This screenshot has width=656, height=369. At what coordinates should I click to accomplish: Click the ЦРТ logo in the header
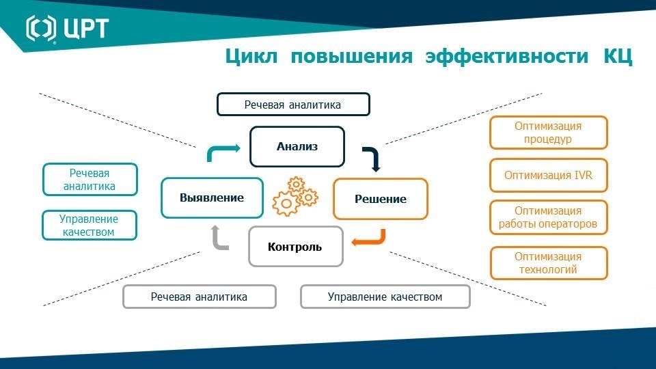pyautogui.click(x=67, y=29)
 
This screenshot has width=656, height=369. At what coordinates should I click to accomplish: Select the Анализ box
pyautogui.click(x=297, y=147)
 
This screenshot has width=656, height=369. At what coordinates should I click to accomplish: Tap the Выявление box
pyautogui.click(x=212, y=198)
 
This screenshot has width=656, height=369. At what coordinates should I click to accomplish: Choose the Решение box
pyautogui.click(x=381, y=199)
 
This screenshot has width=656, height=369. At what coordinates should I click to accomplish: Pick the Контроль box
pyautogui.click(x=295, y=247)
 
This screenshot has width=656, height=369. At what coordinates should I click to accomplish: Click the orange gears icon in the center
pyautogui.click(x=295, y=196)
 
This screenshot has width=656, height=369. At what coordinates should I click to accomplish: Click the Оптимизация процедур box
pyautogui.click(x=548, y=133)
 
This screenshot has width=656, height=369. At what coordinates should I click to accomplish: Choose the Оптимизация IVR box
pyautogui.click(x=548, y=176)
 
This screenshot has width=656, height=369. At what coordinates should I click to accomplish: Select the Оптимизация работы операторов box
pyautogui.click(x=548, y=217)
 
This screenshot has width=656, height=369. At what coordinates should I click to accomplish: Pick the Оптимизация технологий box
pyautogui.click(x=548, y=263)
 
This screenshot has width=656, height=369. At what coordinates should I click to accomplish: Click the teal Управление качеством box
pyautogui.click(x=89, y=225)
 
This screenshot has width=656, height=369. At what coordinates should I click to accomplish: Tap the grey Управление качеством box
pyautogui.click(x=385, y=297)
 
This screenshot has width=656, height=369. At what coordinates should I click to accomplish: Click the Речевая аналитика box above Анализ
pyautogui.click(x=293, y=105)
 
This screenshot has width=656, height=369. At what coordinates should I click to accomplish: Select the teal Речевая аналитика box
pyautogui.click(x=90, y=180)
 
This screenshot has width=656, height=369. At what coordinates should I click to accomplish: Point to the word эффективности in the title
pyautogui.click(x=506, y=55)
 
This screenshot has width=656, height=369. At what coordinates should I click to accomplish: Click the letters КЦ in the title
pyautogui.click(x=618, y=56)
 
